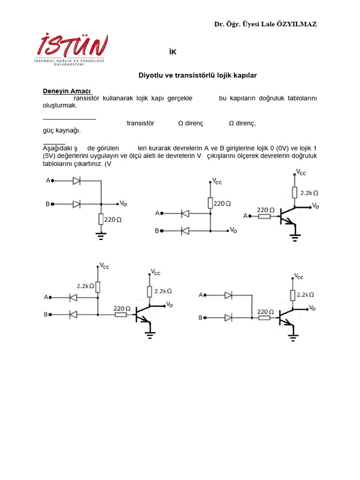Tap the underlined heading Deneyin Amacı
[67, 91]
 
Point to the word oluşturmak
[60, 105]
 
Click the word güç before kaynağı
[49, 130]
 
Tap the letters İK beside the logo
[173, 52]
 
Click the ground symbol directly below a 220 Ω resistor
[101, 235]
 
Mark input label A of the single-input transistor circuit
[246, 216]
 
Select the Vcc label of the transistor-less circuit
[217, 181]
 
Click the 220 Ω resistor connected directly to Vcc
[210, 203]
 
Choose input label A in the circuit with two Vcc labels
[46, 297]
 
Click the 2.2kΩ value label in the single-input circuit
[309, 193]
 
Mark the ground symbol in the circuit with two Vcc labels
[150, 334]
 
